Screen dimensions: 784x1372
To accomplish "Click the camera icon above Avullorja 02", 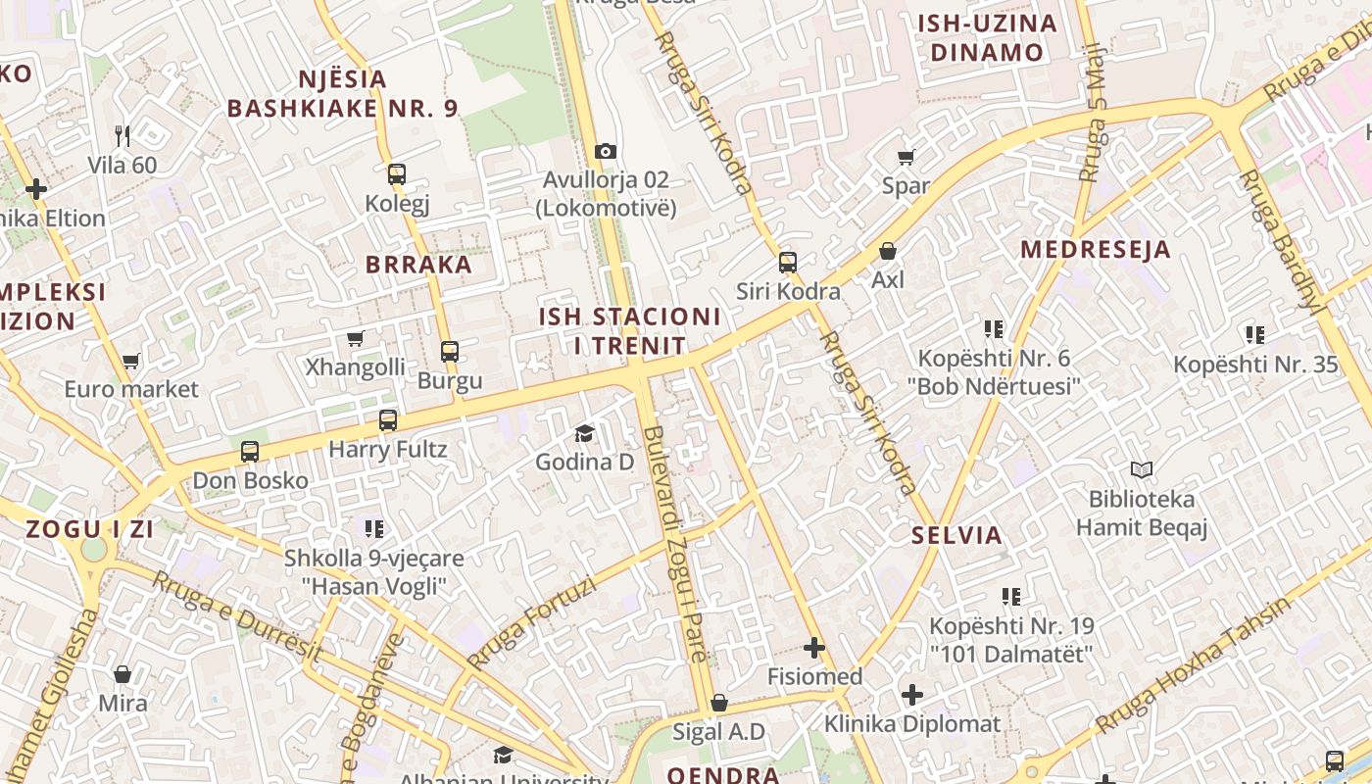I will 606,151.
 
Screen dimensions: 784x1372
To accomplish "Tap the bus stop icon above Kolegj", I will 397,174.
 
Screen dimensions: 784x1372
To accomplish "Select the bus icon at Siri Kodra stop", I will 788,262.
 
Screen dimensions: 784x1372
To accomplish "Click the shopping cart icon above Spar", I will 906,157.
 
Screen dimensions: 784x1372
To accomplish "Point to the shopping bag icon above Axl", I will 888,251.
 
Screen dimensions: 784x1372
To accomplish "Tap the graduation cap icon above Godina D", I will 585,433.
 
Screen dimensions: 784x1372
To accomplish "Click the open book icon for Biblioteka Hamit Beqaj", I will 1142,470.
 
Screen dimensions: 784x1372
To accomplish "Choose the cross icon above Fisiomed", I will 814,648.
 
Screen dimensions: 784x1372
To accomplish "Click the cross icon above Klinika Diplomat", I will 912,695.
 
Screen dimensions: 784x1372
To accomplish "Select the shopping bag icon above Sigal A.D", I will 719,703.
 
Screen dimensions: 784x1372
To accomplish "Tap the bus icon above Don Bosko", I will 250,452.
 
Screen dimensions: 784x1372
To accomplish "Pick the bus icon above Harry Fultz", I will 388,420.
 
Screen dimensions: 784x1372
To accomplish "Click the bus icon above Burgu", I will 450,351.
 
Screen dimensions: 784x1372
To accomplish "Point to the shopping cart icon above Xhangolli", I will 356,339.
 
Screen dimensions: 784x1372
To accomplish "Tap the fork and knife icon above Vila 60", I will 122,135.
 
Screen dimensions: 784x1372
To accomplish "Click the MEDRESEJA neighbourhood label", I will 1096,249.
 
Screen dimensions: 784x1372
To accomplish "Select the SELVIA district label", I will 956,535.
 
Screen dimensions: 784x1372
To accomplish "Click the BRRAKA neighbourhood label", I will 418,265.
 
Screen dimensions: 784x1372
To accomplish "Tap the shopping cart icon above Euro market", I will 131,361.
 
